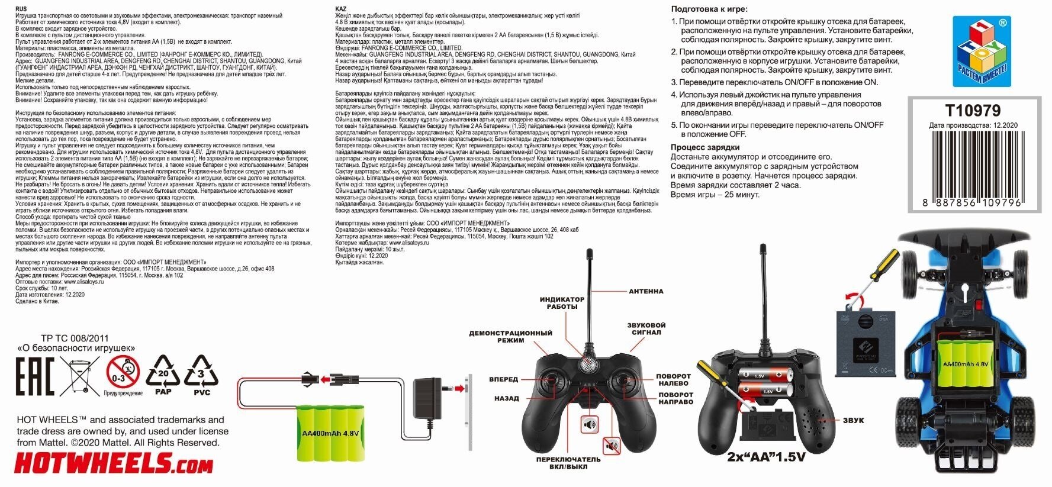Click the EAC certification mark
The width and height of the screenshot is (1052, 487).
[x=34, y=376]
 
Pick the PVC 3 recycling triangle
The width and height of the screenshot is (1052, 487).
[x=201, y=375]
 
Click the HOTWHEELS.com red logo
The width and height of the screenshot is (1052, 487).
[x=113, y=465]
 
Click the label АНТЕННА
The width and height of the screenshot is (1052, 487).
[x=646, y=291]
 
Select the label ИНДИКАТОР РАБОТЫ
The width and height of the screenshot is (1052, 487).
[x=562, y=303]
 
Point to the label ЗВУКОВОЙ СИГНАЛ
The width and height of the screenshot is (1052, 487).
[x=646, y=329]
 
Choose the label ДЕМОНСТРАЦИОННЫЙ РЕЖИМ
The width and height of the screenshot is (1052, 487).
[x=510, y=337]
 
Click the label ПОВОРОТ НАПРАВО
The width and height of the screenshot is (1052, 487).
[x=675, y=398]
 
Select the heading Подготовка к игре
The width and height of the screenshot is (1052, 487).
[x=709, y=9]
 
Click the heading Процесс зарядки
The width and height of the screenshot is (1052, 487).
[x=705, y=147]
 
